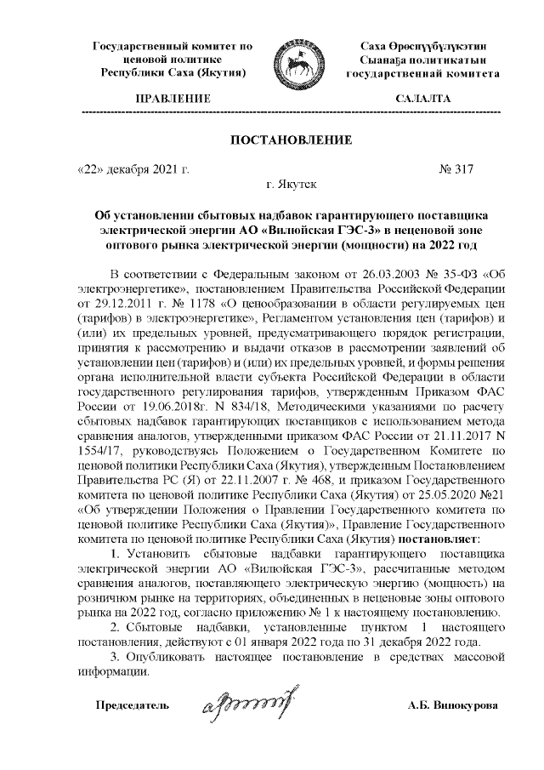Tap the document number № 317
[x=456, y=169]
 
